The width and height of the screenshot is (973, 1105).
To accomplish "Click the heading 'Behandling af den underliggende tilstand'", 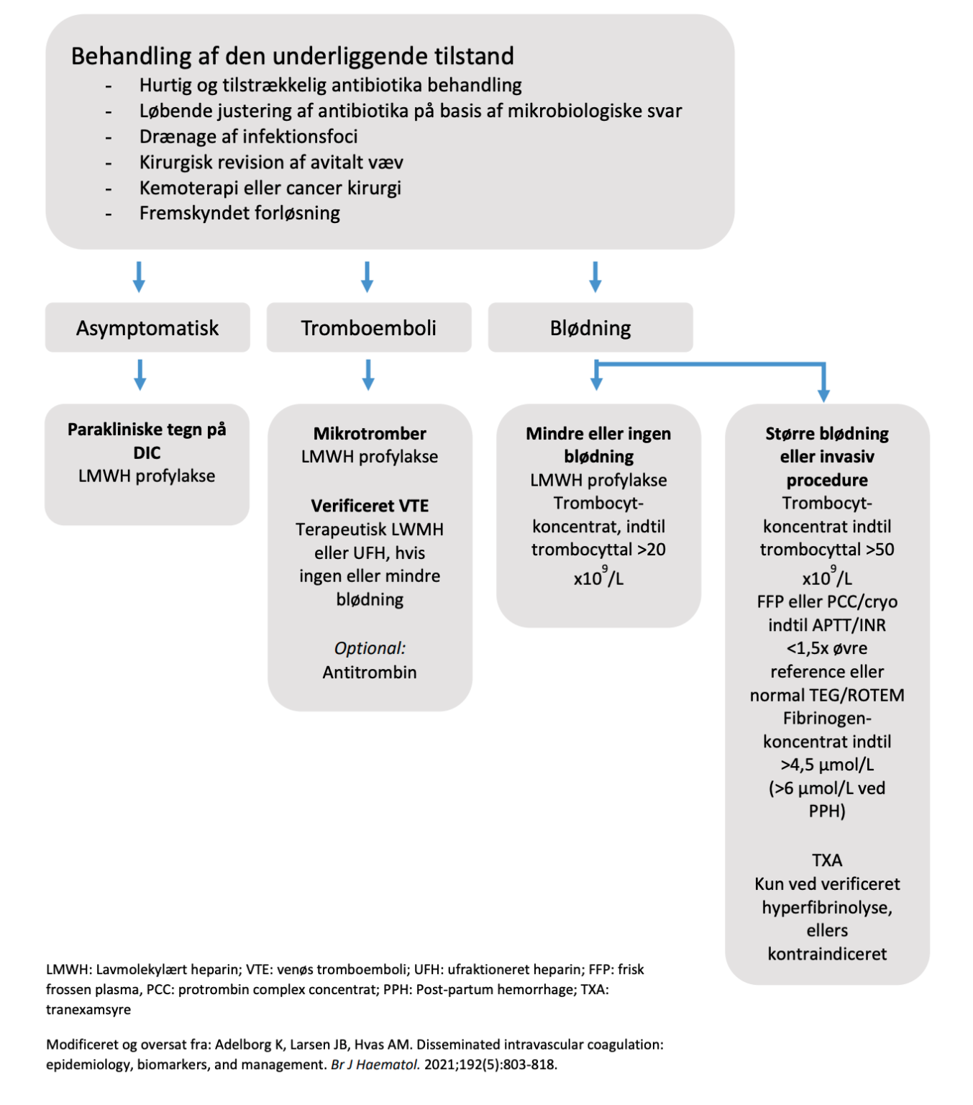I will tap(292, 56).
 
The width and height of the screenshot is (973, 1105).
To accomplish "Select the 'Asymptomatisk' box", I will tap(147, 328).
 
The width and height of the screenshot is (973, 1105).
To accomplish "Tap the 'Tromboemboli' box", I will tap(368, 328).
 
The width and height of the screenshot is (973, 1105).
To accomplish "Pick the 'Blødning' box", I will tap(590, 328).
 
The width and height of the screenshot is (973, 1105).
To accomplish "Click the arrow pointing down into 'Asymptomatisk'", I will tap(140, 277).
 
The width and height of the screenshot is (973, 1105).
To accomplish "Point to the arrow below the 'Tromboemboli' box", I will tap(368, 375).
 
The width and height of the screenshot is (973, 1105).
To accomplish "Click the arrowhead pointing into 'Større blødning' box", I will tap(823, 394).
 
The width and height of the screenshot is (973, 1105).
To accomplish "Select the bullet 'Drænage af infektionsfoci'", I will tap(248, 137).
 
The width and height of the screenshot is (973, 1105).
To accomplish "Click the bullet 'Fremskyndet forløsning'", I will tap(239, 214).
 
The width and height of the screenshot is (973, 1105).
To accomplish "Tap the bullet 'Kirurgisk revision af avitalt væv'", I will tap(271, 163).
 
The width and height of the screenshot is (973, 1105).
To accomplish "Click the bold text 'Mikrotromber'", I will tap(370, 434).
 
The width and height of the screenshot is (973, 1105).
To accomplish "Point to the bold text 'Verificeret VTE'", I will tap(370, 506).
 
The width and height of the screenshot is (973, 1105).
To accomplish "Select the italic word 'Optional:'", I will tap(370, 648).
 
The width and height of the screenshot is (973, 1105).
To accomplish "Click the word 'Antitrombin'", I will tap(370, 672).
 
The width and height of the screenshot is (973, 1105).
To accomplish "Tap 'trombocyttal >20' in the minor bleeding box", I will tap(598, 550).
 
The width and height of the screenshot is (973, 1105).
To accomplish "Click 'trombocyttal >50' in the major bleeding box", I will tap(827, 550).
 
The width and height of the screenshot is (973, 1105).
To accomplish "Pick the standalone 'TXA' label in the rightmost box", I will tap(827, 860).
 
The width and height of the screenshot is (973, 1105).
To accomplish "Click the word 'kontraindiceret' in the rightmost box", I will tap(827, 954).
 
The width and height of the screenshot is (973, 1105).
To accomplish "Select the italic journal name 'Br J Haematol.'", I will tap(375, 1065).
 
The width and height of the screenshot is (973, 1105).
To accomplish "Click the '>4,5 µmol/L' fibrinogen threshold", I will tap(827, 765).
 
